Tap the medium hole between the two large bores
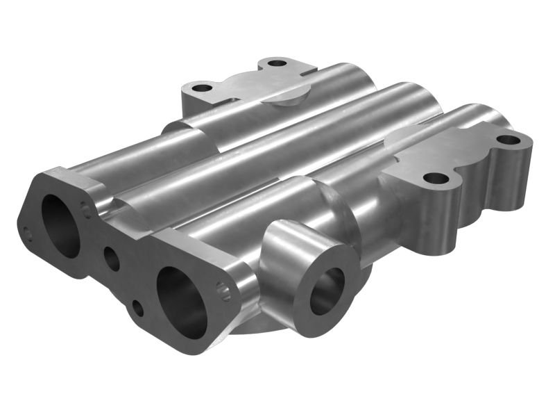tap(112, 258)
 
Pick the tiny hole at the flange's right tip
tap(223, 290)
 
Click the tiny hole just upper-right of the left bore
tap(86, 208)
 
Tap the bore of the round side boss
tap(326, 290)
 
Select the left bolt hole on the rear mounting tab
tap(203, 89)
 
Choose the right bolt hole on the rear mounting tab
tap(277, 63)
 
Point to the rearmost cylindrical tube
tap(277, 104)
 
